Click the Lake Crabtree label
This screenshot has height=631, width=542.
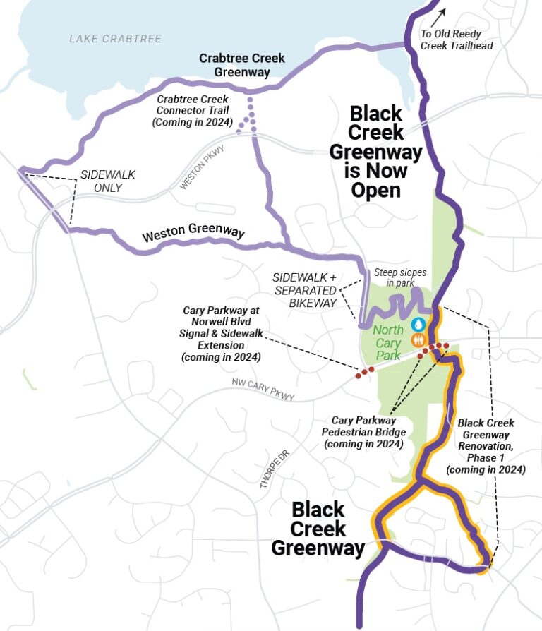115,39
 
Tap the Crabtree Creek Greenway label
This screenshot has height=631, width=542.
242,64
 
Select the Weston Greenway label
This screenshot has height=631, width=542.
193,234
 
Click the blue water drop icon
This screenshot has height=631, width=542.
418,324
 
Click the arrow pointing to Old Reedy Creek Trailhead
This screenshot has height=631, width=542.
442,16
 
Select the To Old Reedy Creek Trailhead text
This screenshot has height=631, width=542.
456,40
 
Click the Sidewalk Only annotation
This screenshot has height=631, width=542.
107,181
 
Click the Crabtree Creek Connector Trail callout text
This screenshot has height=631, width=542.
194,111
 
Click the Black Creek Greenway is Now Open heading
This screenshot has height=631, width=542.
375,152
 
